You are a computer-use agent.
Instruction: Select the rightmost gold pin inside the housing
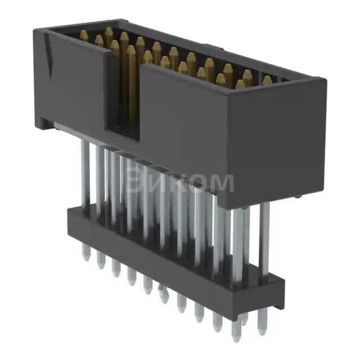(267, 81)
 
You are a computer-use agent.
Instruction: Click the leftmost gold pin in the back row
(84, 36)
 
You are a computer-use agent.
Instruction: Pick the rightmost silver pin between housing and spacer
(264, 236)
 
